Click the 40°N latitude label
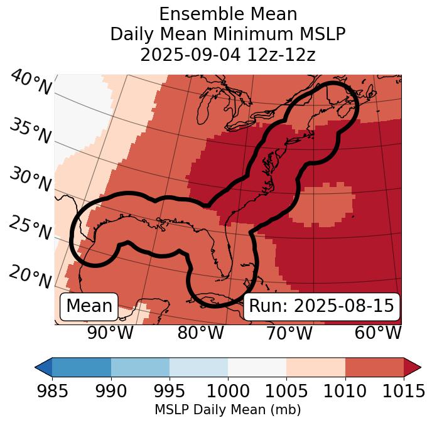[31, 83]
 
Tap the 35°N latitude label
[30, 131]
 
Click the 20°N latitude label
[30, 276]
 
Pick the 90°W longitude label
[111, 333]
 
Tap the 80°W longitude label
[200, 333]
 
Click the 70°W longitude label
[289, 333]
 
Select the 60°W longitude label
[378, 333]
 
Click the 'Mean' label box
[89, 306]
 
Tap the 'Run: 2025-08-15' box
[321, 306]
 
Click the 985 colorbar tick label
[52, 391]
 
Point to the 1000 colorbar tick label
[228, 391]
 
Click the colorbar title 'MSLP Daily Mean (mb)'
[228, 410]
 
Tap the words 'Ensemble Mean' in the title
[228, 14]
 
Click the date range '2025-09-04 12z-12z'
[228, 55]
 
